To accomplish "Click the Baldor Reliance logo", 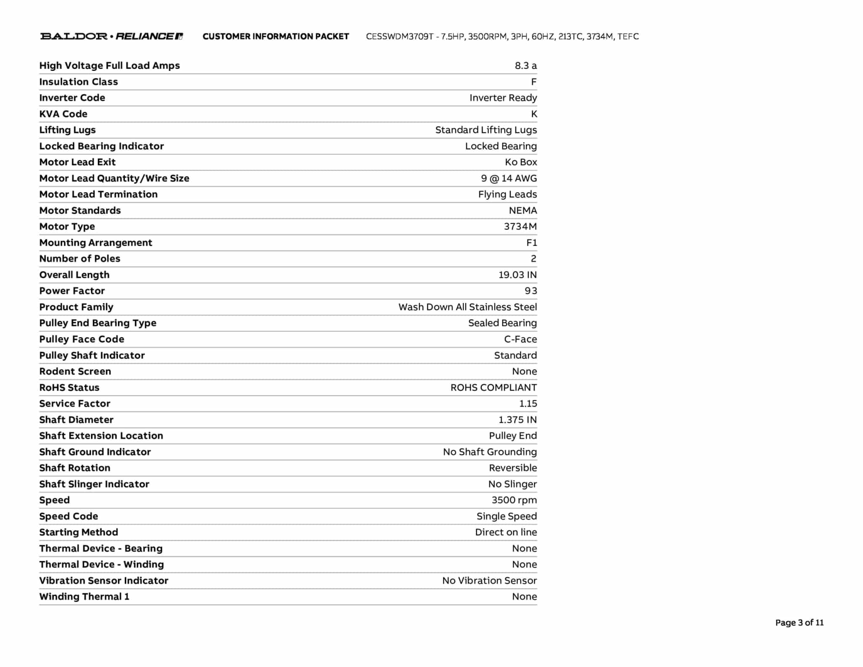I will point(111,36).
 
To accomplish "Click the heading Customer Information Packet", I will point(276,37).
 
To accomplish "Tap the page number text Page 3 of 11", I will point(799,623).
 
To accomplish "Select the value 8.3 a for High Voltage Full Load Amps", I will point(525,66).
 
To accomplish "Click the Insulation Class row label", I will point(78,82).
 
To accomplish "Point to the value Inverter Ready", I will point(503,98).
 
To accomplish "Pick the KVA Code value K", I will point(534,114).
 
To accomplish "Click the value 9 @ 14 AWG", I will point(509,178).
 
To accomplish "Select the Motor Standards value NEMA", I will point(523,210).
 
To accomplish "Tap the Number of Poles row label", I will point(80,258).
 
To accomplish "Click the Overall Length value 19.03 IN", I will point(517,275).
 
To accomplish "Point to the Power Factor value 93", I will point(531,291).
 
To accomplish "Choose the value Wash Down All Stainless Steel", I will point(467,307).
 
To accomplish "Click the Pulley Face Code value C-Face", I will point(520,339).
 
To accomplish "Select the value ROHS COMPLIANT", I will point(493,387).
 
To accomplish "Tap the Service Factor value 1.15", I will point(528,403).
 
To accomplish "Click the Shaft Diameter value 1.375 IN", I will point(517,420).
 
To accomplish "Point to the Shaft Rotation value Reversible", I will point(512,468).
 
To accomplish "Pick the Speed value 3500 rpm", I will point(514,500).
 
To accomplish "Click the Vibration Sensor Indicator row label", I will point(104,581).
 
